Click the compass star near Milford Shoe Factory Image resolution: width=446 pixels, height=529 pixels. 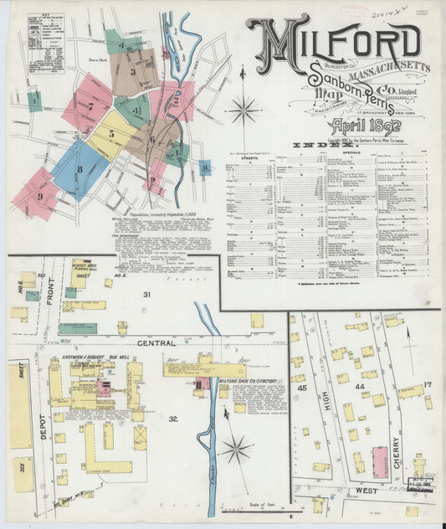pos(236,449)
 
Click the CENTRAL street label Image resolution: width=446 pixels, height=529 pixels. pos(156,343)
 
